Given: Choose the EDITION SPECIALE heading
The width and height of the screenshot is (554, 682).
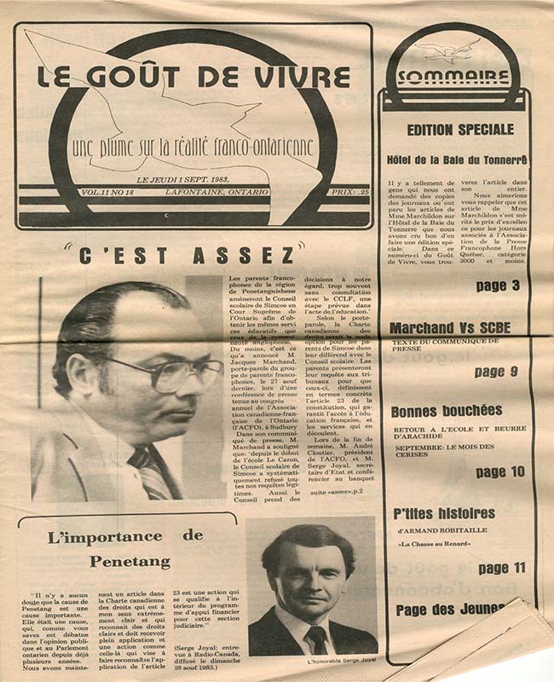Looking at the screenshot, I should (x=460, y=130).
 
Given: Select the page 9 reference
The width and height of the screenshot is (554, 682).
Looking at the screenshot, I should (x=497, y=372).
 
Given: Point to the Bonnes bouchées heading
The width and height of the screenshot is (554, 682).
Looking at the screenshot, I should (x=447, y=411).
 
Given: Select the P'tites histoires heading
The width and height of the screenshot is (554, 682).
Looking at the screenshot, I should (x=444, y=513).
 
